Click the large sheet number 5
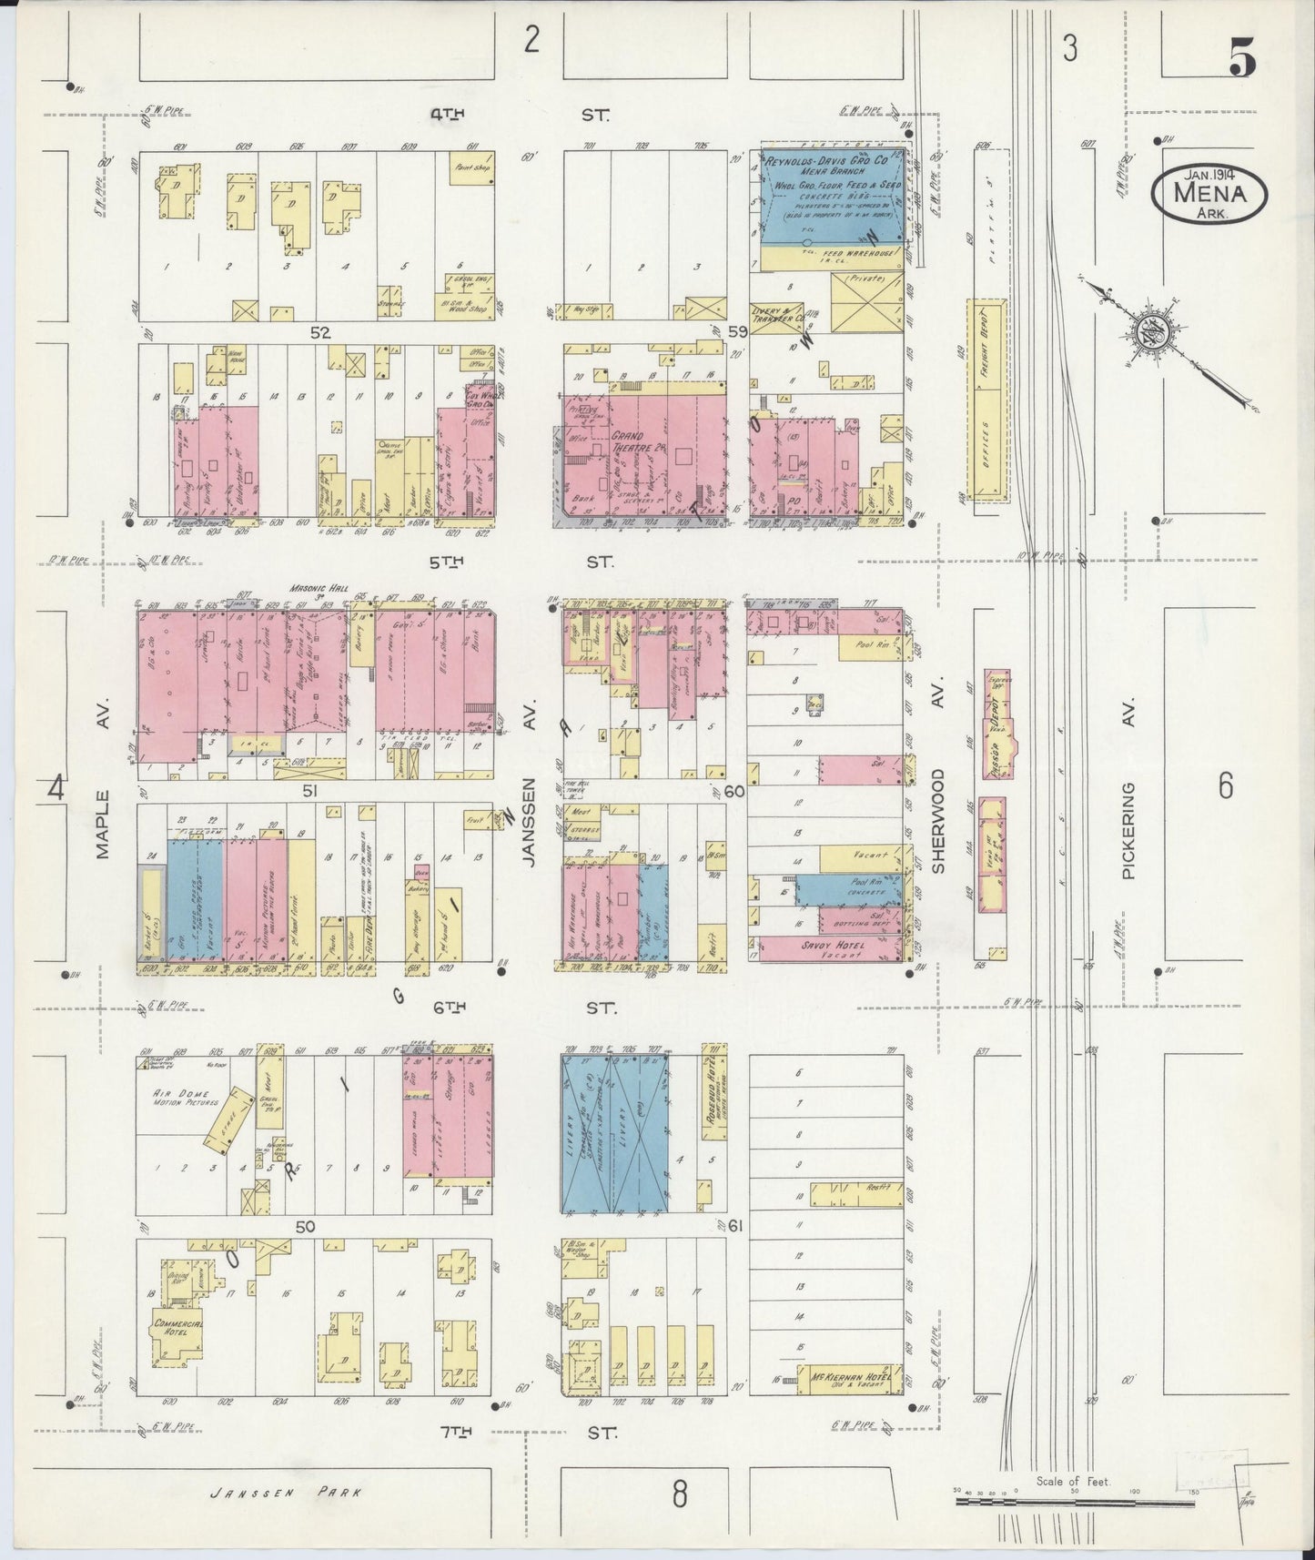coord(1241,61)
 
